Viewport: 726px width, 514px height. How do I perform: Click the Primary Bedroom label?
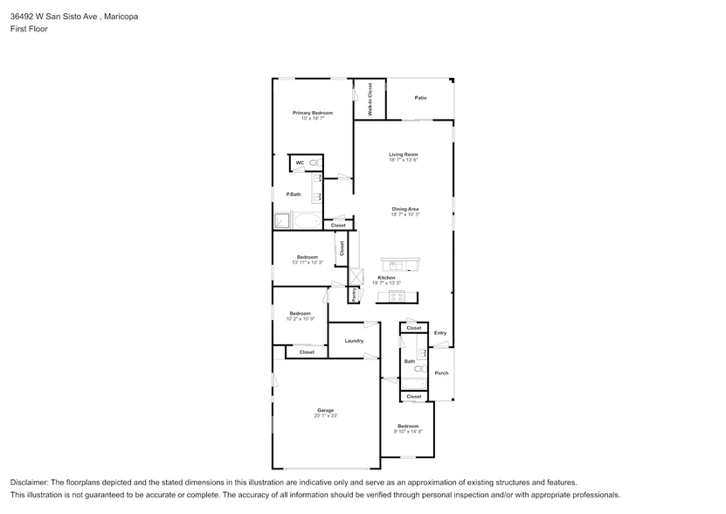click(312, 113)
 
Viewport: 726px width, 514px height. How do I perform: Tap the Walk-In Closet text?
click(370, 100)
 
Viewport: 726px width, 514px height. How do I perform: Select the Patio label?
click(420, 98)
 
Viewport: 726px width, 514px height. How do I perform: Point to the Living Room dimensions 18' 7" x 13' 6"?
click(404, 160)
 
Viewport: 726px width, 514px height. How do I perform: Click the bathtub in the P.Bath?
click(307, 220)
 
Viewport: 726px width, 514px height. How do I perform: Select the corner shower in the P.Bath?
click(282, 220)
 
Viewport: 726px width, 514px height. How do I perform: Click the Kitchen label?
click(386, 277)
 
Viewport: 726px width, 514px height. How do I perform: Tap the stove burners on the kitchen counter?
click(397, 296)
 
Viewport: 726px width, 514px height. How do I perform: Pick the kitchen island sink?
click(398, 265)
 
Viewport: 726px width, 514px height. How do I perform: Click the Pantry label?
click(354, 295)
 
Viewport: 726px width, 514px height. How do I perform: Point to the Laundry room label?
click(354, 341)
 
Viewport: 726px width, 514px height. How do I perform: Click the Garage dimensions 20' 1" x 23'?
click(325, 416)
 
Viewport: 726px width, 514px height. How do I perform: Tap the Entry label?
click(440, 332)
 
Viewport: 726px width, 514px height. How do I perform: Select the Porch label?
click(441, 373)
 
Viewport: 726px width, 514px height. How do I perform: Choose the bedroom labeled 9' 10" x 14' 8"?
click(407, 428)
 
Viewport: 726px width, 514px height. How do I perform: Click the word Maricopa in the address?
click(120, 16)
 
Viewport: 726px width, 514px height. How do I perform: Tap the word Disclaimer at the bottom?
click(30, 483)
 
